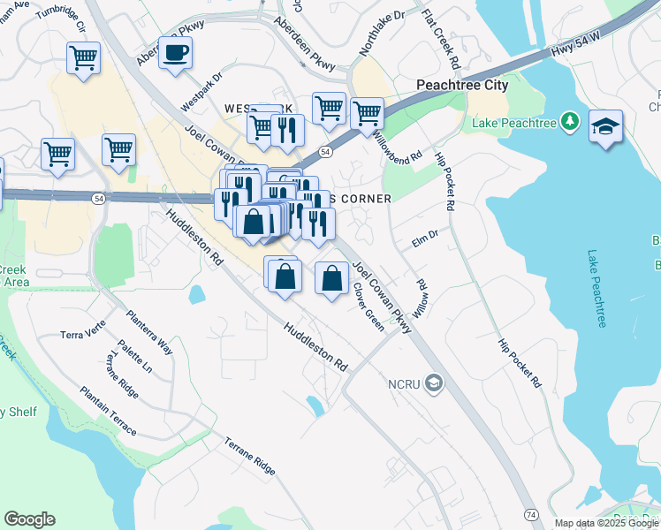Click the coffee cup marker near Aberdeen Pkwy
pos(175,52)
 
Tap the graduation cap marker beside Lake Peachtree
pos(605,126)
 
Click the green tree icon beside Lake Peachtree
pos(571,119)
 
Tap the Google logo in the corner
pos(29,519)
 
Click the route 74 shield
pos(530,513)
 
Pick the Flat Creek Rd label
pos(441,40)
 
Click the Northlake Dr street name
pos(382,34)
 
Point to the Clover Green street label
pos(369,307)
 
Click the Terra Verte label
pos(82,335)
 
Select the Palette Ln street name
pos(135,355)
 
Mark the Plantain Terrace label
pos(108,411)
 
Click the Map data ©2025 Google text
pos(606,523)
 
